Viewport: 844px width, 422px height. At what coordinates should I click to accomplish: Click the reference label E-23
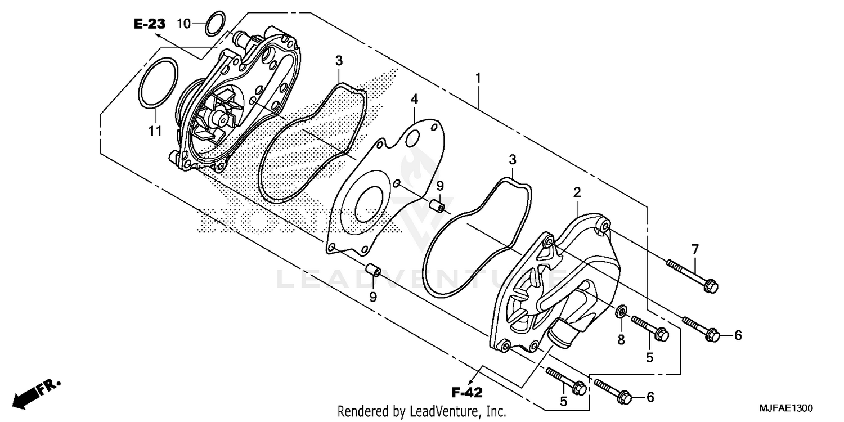pos(150,24)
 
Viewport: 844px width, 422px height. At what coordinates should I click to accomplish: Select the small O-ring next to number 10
pos(214,23)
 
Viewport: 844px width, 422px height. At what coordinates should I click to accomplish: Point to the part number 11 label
pos(155,131)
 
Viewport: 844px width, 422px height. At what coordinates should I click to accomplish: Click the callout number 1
pos(478,79)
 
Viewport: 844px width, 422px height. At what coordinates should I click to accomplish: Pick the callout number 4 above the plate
pos(414,100)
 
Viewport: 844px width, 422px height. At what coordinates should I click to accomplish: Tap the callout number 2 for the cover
pos(577,192)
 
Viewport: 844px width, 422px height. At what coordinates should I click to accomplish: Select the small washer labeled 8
pos(622,311)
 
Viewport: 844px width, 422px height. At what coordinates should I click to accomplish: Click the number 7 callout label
pos(695,249)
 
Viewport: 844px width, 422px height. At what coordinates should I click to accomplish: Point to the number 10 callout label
pos(184,24)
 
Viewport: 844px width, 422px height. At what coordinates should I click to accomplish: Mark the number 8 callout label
pos(621,339)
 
